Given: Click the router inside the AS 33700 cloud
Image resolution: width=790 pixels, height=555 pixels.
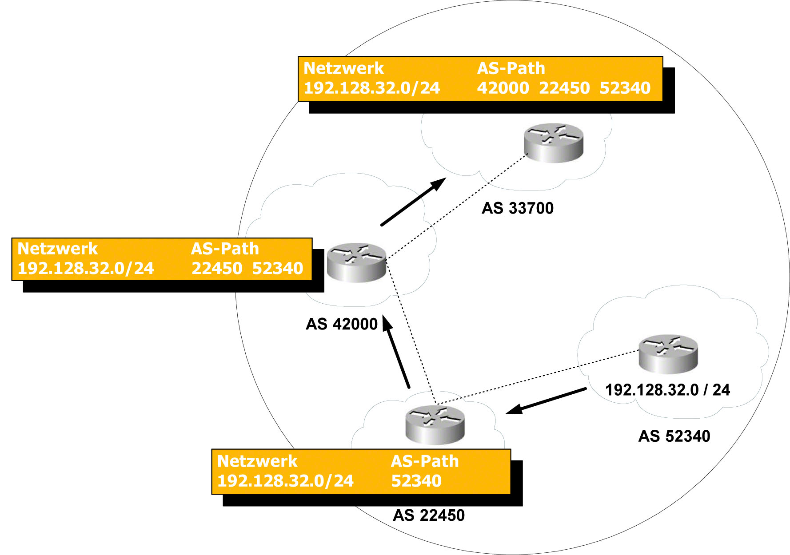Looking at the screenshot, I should [553, 143].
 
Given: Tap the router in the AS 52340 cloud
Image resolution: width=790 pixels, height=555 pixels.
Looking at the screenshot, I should [668, 353].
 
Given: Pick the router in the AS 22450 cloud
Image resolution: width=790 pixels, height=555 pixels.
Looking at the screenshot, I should [435, 425].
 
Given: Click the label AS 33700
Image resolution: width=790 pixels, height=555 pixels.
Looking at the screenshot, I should [518, 208].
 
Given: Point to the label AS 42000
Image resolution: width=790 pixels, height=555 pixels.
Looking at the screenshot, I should [341, 324].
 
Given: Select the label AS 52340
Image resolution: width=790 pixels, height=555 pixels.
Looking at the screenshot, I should [674, 436].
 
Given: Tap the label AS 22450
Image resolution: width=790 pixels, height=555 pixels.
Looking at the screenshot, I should [429, 515].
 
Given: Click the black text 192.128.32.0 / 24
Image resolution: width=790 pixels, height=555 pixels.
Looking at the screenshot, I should [667, 390].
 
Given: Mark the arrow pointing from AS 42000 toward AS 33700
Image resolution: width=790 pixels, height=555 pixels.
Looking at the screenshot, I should [413, 202].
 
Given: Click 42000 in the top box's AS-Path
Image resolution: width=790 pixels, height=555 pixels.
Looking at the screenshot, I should [503, 88].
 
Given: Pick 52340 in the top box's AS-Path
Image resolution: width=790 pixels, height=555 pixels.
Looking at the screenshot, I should [625, 88].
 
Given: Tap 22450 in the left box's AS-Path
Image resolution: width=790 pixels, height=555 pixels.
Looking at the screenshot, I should [217, 268].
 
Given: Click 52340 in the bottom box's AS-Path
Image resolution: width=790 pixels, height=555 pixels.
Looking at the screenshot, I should [416, 481].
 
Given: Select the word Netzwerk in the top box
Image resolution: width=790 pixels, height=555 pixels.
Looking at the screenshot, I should [343, 68].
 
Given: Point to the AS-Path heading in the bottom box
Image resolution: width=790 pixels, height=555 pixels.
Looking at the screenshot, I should [425, 461].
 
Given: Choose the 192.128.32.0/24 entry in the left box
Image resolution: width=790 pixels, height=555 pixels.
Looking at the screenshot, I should [86, 268].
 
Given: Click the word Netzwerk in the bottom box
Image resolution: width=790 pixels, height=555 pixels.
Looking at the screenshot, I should [257, 461].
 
